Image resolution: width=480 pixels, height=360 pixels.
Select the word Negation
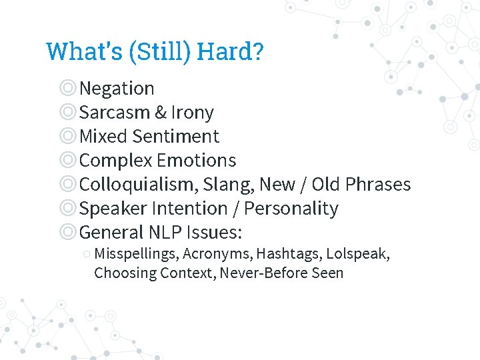click(117, 88)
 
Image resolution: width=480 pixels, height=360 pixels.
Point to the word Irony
click(192, 112)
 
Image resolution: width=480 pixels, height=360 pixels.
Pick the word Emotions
click(197, 160)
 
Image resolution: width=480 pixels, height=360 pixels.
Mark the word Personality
click(291, 208)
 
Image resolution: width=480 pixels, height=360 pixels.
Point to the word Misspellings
click(136, 254)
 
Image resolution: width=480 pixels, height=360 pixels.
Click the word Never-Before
click(259, 273)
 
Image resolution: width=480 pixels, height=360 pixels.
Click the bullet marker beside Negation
click(67, 88)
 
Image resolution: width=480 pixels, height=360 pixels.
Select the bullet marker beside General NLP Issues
click(67, 232)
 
